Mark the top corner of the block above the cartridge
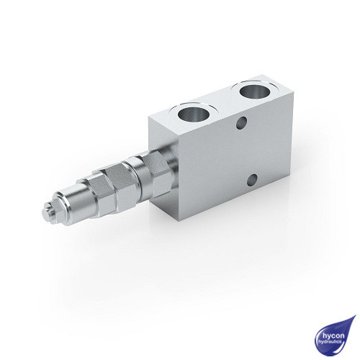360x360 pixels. coord(149,116)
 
